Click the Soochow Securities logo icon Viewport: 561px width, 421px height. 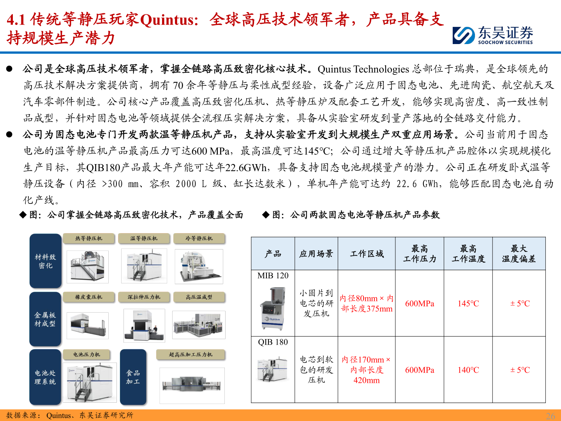point(464,35)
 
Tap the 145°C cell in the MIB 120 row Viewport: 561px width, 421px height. point(468,303)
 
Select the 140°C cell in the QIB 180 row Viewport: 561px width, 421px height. point(468,370)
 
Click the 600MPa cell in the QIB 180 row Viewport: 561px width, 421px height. point(420,370)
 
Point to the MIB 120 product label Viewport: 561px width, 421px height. point(273,276)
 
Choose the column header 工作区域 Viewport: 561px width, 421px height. point(367,254)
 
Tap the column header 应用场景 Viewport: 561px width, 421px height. point(316,254)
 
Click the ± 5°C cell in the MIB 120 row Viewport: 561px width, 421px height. point(520,303)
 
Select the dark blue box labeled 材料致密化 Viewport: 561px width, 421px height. point(46,261)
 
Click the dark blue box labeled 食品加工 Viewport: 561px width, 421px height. point(133,377)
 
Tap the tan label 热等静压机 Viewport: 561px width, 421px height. point(89,238)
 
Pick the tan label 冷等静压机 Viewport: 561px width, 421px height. point(199,238)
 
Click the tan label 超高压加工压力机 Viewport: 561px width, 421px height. point(191,354)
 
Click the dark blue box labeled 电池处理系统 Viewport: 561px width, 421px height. point(45,377)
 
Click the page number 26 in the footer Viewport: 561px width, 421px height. point(550,416)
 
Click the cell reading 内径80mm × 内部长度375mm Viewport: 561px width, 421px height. point(367,303)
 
